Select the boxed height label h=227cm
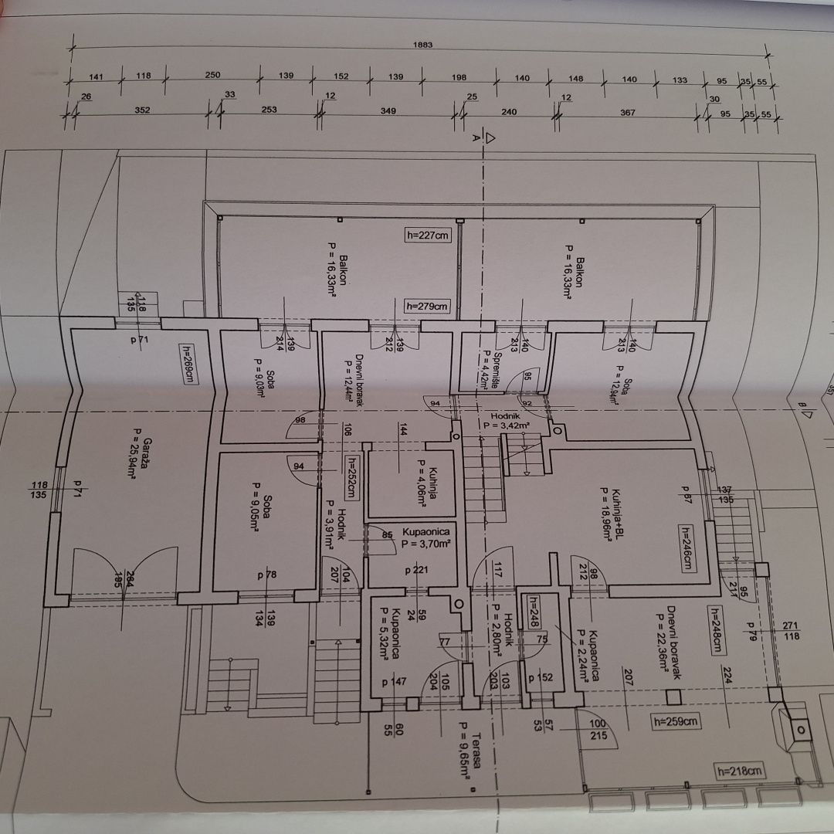coord(427,236)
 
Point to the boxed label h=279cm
coord(427,306)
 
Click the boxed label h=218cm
coord(740,771)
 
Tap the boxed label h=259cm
coord(675,722)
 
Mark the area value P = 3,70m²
coord(424,544)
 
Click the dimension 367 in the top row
coord(628,112)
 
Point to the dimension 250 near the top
coord(212,75)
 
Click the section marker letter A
coord(476,139)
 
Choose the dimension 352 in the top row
coord(142,110)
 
